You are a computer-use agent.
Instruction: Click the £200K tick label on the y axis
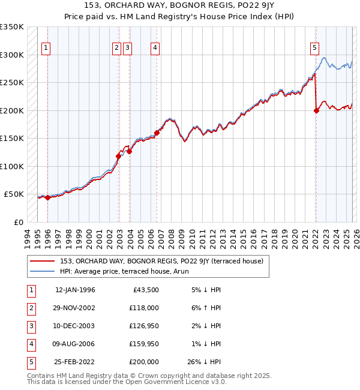(12, 110)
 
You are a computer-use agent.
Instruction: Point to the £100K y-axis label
(12, 166)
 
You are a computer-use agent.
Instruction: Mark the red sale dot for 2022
(316, 110)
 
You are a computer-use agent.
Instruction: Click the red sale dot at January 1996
(47, 197)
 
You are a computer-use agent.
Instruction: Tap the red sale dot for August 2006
(157, 133)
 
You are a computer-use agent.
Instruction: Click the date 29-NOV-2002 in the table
(75, 308)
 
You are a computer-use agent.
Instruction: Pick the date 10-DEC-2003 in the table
(75, 326)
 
